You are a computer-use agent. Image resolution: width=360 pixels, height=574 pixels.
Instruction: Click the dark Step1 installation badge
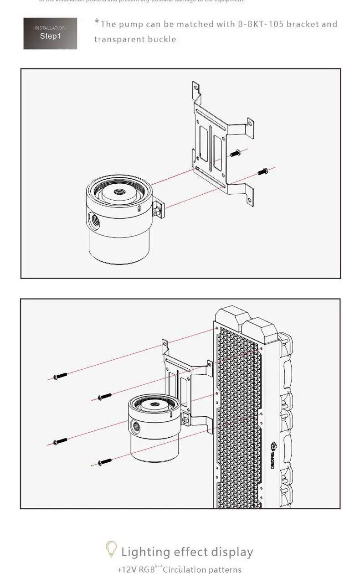[x=50, y=33]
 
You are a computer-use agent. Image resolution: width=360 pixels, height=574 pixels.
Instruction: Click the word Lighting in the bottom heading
[x=142, y=552]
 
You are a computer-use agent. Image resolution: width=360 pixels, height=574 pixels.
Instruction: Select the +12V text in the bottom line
[x=126, y=569]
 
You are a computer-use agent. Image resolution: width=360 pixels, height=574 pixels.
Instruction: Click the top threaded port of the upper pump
[x=121, y=192]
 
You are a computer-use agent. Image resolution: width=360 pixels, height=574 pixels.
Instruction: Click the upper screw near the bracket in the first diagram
[x=235, y=154]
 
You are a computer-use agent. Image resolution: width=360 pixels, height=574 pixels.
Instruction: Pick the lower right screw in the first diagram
[x=263, y=172]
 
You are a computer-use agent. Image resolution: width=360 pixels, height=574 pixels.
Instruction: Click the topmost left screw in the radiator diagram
[x=60, y=376]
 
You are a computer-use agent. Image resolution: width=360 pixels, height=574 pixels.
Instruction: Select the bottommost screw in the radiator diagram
[x=105, y=462]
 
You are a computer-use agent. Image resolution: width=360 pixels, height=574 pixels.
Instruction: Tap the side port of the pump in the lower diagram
[x=136, y=427]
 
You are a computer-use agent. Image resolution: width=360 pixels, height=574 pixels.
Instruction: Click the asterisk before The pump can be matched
[x=97, y=21]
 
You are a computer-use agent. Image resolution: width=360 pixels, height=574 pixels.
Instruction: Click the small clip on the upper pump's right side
[x=156, y=210]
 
